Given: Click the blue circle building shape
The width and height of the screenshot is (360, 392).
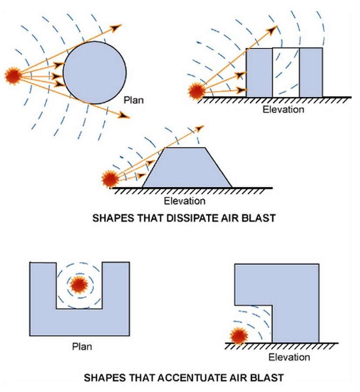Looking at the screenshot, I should [x=95, y=72].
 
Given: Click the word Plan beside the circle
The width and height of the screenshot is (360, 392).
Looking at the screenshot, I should [x=133, y=100].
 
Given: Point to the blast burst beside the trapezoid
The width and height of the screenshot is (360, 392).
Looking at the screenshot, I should [x=109, y=179].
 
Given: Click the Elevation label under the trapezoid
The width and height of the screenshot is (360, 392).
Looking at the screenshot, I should [x=184, y=201].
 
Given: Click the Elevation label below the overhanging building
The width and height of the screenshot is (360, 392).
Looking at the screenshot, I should [x=289, y=358].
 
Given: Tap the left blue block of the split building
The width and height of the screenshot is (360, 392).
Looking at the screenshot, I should [x=259, y=72].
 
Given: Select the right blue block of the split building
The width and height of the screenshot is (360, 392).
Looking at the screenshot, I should [x=311, y=72].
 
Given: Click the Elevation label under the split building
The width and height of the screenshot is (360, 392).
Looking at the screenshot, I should [x=283, y=109].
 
